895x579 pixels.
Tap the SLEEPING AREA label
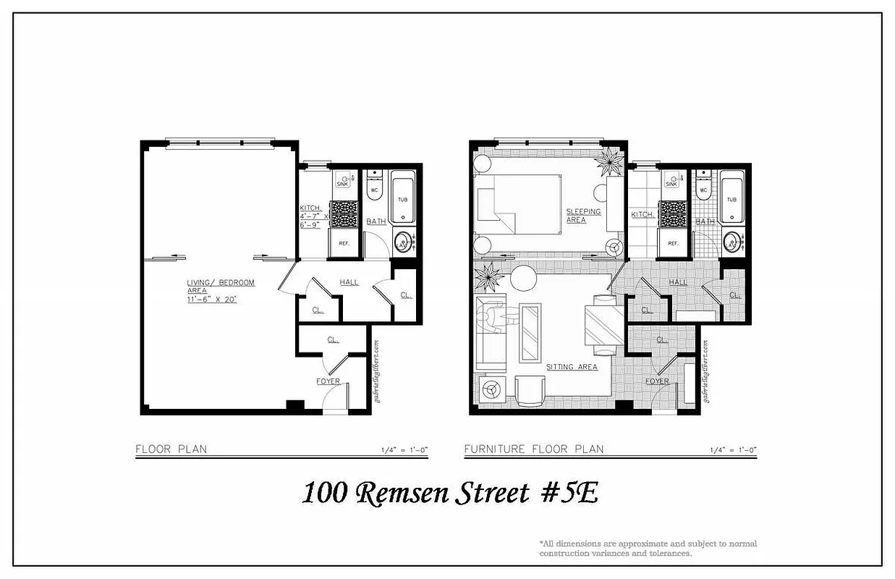pos(582,216)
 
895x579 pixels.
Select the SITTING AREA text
pos(572,367)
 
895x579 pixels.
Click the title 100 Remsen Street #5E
pos(449,494)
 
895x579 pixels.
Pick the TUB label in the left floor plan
pos(402,199)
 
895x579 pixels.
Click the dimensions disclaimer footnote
pos(648,548)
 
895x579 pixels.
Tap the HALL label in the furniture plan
pos(678,282)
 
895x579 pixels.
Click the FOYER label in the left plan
pos(328,381)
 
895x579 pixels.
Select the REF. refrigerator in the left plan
pos(343,244)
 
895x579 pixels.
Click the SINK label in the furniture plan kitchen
pos(671,184)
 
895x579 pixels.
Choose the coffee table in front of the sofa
pos(530,331)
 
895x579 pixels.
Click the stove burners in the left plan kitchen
pos(344,214)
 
